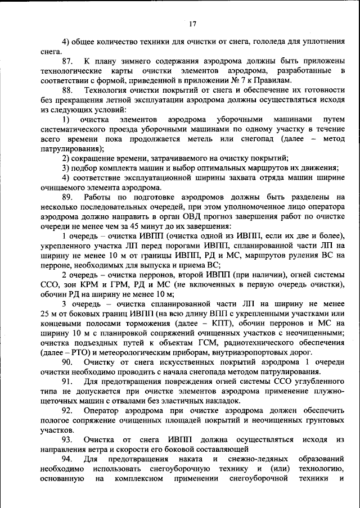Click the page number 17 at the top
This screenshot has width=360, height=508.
[x=192, y=24]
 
